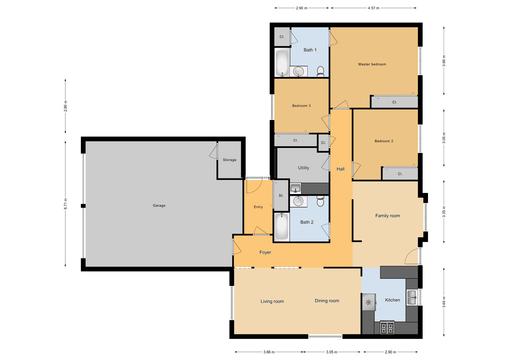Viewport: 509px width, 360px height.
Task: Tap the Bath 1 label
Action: tap(309, 50)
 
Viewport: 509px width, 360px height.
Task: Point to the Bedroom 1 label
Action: tap(301, 105)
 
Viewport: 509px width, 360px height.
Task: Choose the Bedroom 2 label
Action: tap(384, 141)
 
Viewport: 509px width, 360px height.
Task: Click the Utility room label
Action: tap(303, 168)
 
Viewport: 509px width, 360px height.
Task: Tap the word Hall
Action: tap(341, 168)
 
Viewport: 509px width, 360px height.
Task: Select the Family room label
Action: tap(387, 216)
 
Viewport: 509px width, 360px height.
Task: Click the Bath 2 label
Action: tap(307, 221)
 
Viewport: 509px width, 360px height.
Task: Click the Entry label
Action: tap(259, 207)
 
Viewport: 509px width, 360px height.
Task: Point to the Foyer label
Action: tap(265, 253)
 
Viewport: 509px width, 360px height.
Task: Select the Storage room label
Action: tap(229, 159)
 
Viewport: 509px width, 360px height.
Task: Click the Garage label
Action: tap(159, 206)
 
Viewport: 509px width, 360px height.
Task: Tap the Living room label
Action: tap(273, 301)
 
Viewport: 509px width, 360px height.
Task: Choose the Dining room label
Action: tap(327, 301)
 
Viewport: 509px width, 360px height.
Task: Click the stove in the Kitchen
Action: tap(388, 327)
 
